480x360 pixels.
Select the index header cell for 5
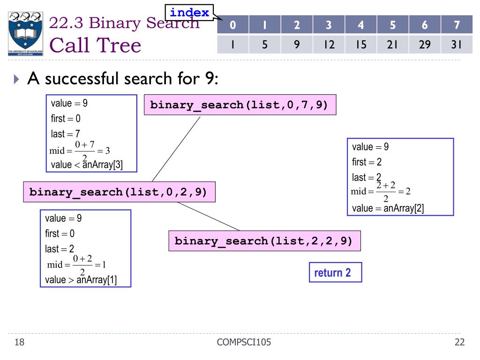[392, 24]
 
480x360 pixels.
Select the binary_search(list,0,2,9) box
[119, 192]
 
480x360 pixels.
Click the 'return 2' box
[335, 273]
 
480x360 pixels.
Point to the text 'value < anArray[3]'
[87, 165]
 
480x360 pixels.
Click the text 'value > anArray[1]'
[81, 280]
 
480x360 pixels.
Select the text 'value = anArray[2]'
[388, 209]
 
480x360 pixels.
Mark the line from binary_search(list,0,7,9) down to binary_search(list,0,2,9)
[176, 149]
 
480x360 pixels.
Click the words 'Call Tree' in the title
[95, 45]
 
